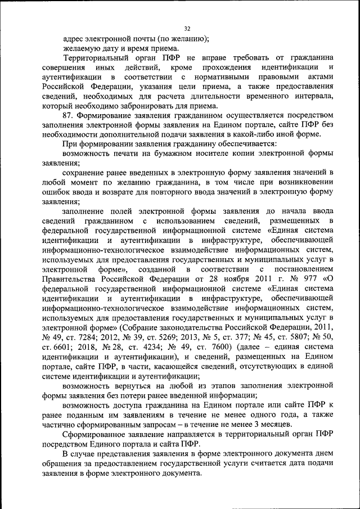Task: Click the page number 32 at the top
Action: [x=187, y=29]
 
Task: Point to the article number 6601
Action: [x=66, y=347]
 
